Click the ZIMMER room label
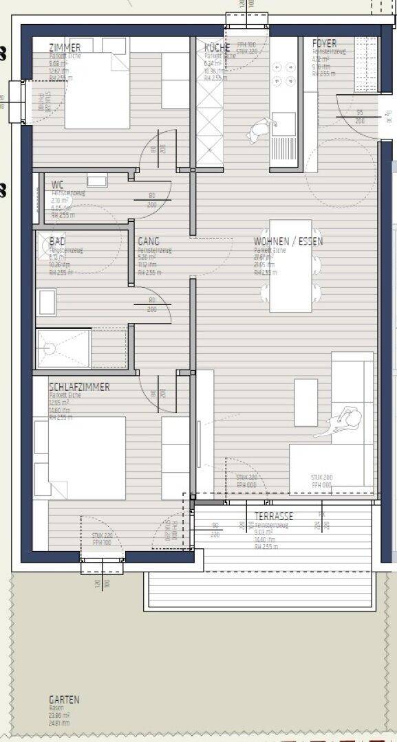point(65,47)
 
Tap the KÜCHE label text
point(217,47)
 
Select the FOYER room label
point(324,43)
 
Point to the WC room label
point(57,184)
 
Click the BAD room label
point(57,242)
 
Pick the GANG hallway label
point(149,242)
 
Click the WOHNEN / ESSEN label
point(288,242)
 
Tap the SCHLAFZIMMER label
point(79,387)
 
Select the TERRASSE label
point(274,516)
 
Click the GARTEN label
point(64,699)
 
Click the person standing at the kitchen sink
point(259,130)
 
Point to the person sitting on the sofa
point(346,420)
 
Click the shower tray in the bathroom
point(63,348)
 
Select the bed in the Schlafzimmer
point(80,458)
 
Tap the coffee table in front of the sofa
point(305,402)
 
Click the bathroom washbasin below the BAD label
point(46,302)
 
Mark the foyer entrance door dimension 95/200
point(360,116)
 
